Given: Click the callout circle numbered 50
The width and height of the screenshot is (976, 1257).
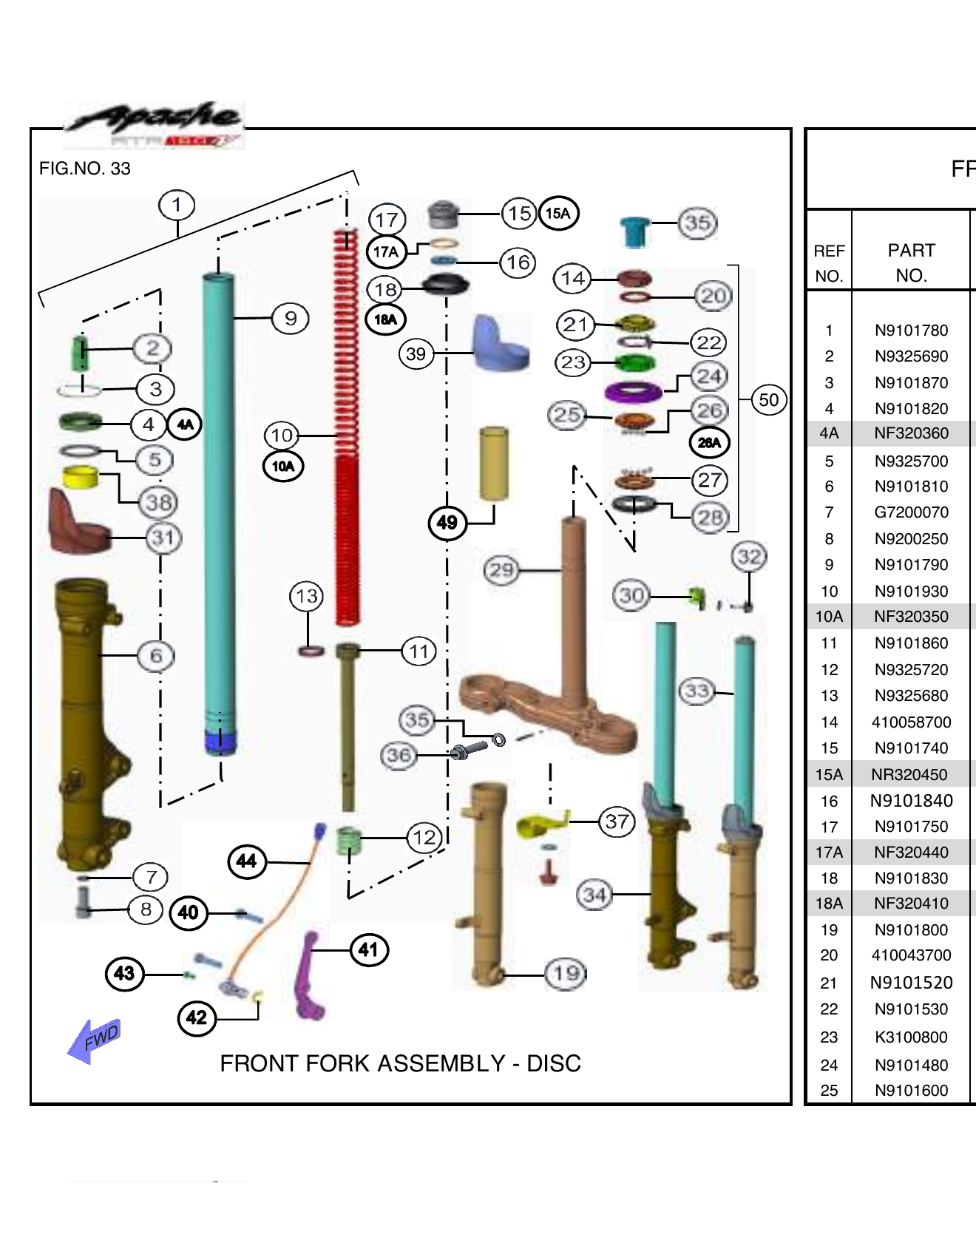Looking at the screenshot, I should (768, 400).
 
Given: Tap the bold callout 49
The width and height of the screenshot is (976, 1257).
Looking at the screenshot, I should (447, 523).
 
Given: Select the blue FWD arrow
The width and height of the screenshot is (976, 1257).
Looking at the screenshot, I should (94, 1040).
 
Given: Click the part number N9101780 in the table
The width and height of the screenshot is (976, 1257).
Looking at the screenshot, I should (911, 331).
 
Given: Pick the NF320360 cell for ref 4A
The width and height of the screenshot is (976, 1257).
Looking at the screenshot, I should (911, 433).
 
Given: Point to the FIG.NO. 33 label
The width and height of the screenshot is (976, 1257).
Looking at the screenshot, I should (84, 169).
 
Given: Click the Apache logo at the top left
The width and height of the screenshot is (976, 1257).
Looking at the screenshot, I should (155, 123).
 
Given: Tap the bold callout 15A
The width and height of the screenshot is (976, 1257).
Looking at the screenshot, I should (558, 214).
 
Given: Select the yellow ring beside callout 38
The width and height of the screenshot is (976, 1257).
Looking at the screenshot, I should (80, 477).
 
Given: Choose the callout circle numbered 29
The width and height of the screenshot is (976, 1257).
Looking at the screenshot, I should (501, 570).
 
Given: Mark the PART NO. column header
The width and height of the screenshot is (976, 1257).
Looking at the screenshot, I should (911, 262).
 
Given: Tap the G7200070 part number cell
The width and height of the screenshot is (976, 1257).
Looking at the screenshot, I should (911, 512).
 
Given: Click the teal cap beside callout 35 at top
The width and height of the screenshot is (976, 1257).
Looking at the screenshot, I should (634, 231).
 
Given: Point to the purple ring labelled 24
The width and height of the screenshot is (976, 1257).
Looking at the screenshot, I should (633, 391).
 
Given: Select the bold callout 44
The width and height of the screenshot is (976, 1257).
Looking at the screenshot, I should (246, 861).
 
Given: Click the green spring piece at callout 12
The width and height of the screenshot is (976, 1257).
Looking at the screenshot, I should (348, 840).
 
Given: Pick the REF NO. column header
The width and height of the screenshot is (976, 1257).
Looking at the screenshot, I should (829, 262).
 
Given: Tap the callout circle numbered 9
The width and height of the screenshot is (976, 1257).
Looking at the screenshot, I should (291, 319).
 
